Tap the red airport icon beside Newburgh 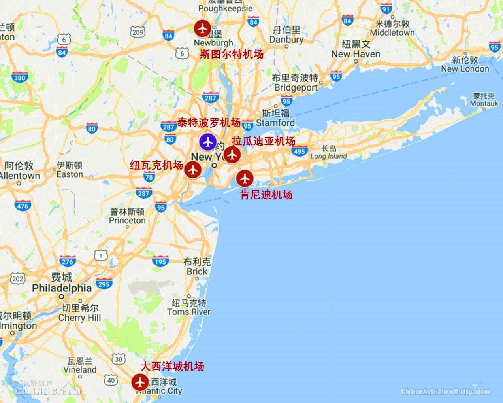coord(202,28)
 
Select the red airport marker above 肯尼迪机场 coord(245,178)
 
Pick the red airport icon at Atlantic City coord(139,382)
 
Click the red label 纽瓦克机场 coord(156,165)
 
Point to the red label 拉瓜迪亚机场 coord(264,141)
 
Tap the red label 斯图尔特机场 coord(232,54)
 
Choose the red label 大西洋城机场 coord(172,366)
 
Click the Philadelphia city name coord(62,288)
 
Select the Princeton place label coord(127,220)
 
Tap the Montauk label coord(484,103)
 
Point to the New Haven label coord(356,54)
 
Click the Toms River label coord(189,312)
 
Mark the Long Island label coord(329,156)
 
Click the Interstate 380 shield coord(20,78)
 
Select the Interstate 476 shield coord(23,206)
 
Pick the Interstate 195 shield coord(160,261)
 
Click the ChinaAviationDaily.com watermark coord(445,392)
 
